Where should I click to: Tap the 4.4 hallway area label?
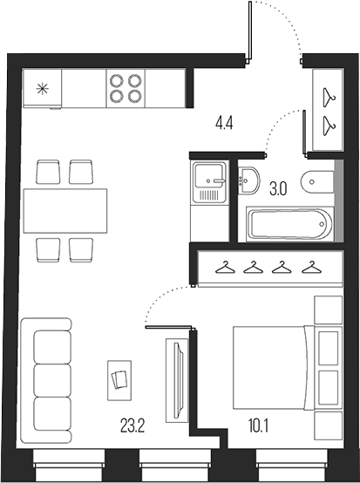pyautogui.click(x=224, y=123)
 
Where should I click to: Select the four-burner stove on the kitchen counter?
pyautogui.click(x=125, y=87)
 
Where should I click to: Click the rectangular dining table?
pyautogui.click(x=65, y=206)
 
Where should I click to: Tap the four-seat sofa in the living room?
pyautogui.click(x=51, y=370)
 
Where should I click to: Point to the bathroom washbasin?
pyautogui.click(x=248, y=180)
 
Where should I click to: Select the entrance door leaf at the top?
pyautogui.click(x=250, y=31)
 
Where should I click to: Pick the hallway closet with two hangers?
pyautogui.click(x=328, y=108)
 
